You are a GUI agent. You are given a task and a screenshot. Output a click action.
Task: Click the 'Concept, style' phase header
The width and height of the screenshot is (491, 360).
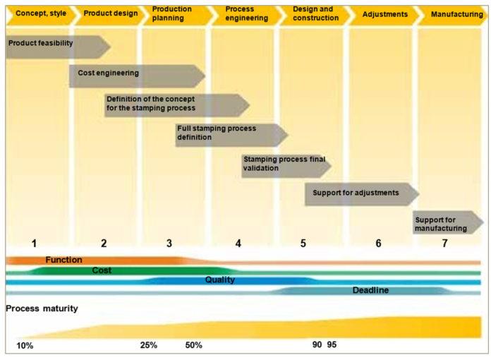point(37,13)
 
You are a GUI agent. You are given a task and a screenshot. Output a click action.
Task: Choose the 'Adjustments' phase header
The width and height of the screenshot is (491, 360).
point(384,13)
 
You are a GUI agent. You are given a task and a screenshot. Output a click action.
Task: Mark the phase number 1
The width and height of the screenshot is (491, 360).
point(34,244)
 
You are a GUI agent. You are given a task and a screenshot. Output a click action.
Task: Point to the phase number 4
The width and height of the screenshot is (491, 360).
point(238,244)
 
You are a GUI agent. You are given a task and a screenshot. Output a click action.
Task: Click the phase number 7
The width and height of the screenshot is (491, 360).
point(444,244)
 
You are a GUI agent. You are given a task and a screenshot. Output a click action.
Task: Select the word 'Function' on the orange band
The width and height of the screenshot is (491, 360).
point(63,260)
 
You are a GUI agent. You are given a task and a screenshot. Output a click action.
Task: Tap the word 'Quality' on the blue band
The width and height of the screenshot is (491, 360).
point(220,280)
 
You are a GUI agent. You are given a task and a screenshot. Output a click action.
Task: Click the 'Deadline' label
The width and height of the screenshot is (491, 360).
point(370,290)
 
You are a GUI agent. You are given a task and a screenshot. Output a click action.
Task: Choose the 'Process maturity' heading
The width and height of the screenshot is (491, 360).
point(42,308)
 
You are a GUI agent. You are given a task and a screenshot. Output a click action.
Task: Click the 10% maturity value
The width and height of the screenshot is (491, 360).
point(25,346)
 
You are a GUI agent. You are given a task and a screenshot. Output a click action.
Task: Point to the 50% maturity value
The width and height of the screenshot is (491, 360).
point(193,346)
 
